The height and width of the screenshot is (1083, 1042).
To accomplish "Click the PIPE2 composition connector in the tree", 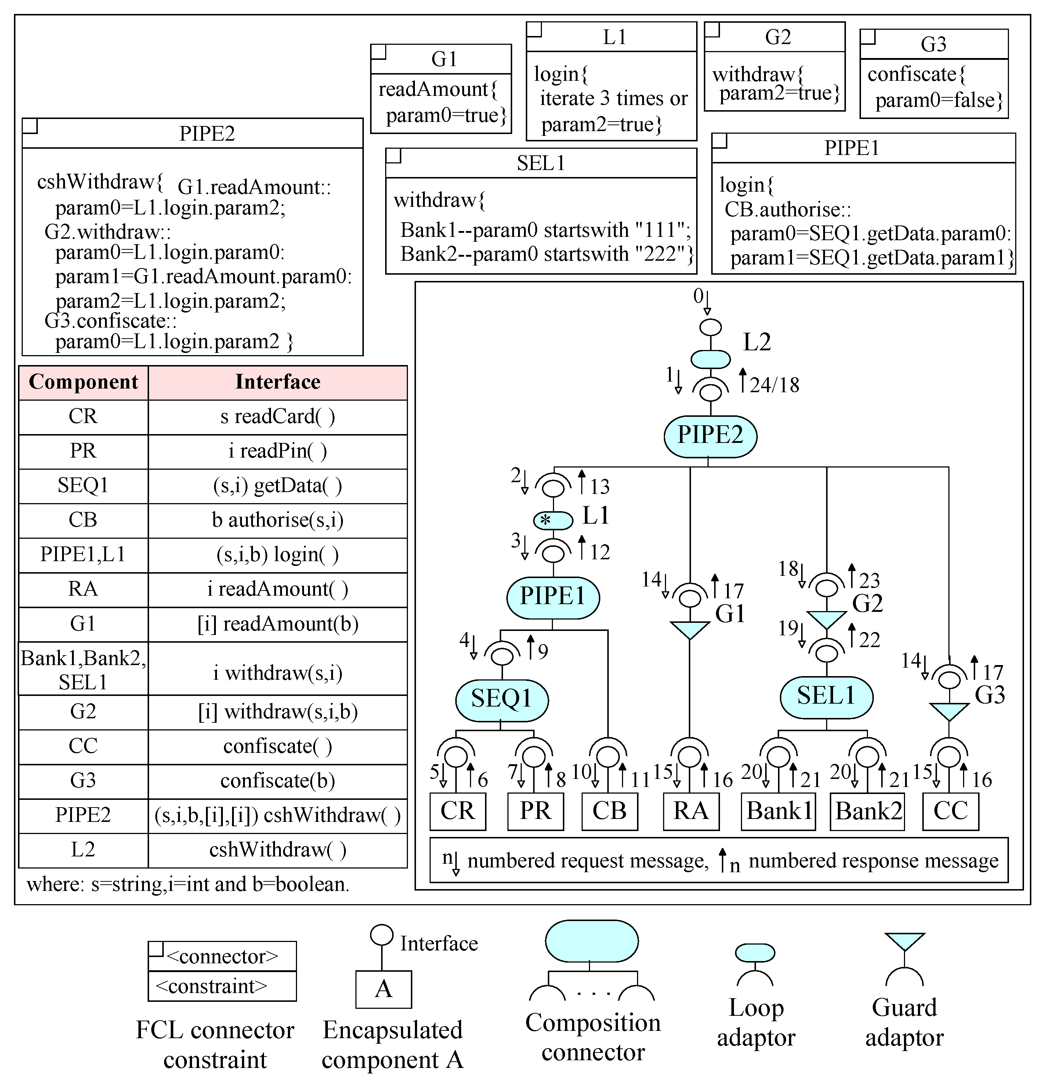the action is coord(710,436).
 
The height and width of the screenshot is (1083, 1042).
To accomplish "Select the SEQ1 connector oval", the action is coord(502,700).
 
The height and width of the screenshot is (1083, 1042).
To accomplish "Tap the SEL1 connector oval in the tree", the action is coord(826,697).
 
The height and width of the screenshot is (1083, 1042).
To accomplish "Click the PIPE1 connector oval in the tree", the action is coord(553,597).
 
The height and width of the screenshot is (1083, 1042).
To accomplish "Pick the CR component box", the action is coord(457,811).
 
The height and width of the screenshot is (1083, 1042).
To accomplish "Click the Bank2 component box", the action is coord(867,811).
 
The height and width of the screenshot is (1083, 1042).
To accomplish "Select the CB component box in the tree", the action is coord(609,811).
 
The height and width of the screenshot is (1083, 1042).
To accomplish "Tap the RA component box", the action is coord(691,811).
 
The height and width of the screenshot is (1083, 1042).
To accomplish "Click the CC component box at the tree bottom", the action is coord(950,811).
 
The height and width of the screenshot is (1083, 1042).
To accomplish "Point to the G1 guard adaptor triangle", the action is coord(690,629).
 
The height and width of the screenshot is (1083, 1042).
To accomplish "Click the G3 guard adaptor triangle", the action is coord(949,711).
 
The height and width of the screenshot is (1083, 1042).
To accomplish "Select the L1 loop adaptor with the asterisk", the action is coord(553,520).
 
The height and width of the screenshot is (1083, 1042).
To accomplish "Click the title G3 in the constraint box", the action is coord(934,44).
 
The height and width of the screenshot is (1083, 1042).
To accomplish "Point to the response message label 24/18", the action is coord(774,385).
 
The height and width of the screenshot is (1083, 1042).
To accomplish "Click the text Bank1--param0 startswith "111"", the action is coord(545,230).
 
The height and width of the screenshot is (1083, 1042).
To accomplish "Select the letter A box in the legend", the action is coord(383,989).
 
